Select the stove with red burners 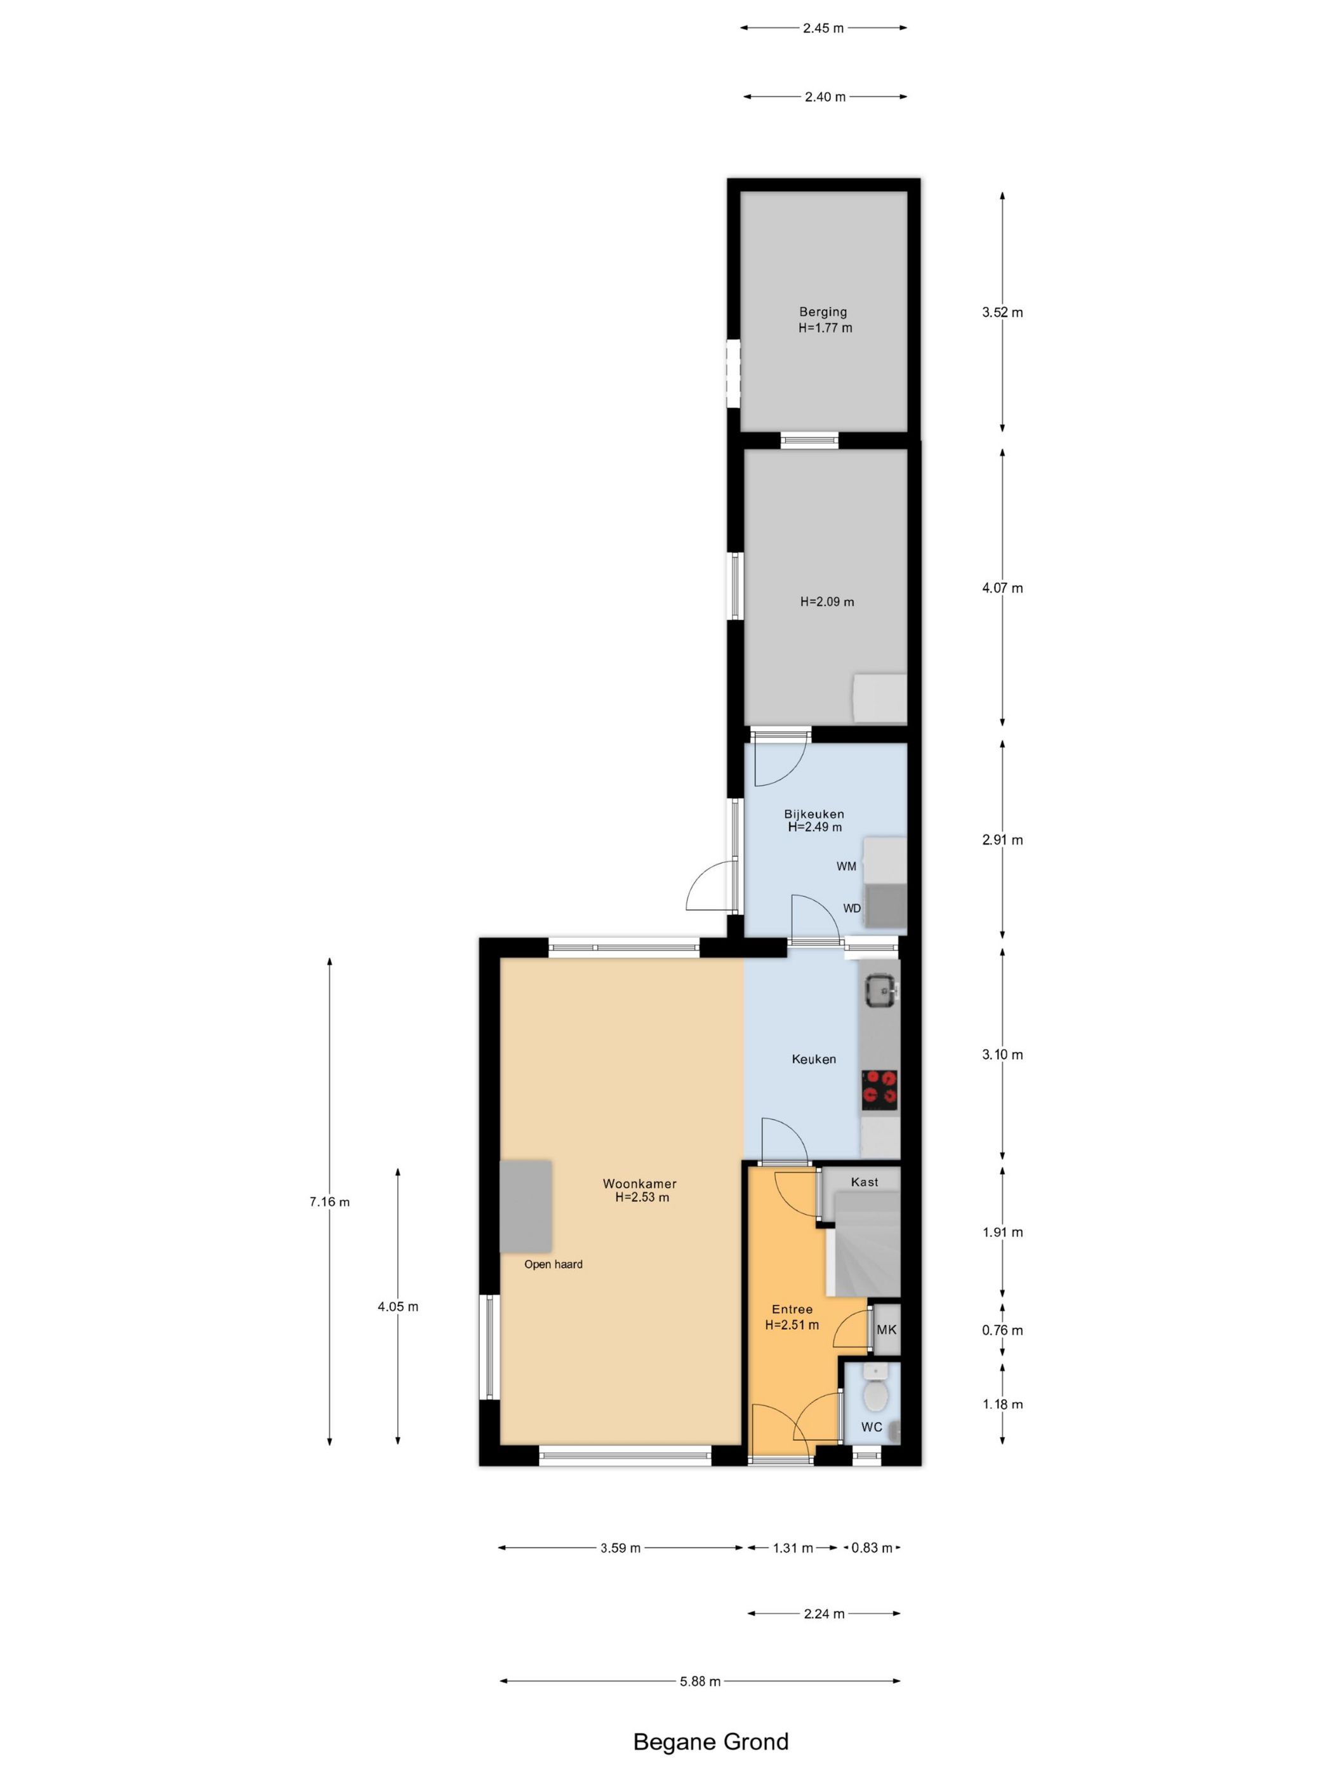click(880, 1088)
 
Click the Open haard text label click(553, 1264)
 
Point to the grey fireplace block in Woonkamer click(526, 1206)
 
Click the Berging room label click(823, 312)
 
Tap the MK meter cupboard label click(886, 1330)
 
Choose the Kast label click(865, 1182)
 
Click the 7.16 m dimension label click(329, 1201)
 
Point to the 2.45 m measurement click(823, 28)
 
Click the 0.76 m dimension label click(1002, 1330)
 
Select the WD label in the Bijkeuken click(852, 908)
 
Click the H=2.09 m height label click(827, 601)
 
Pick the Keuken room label click(814, 1059)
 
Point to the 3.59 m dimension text click(620, 1547)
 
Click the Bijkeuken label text click(814, 813)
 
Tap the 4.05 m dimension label click(398, 1306)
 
